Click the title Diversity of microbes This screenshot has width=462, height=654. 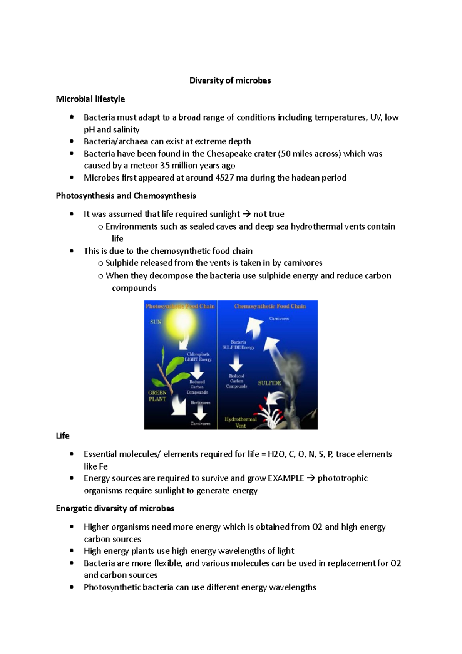coord(230,80)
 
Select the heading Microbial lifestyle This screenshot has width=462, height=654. coord(90,99)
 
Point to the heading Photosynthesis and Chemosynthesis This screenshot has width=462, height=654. coord(126,196)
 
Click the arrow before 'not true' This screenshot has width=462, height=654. coord(246,214)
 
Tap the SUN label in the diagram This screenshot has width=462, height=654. coord(156,322)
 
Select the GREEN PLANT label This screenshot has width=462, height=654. coord(157,396)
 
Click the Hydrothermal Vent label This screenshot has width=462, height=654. coord(241,422)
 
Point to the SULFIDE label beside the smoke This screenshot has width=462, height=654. coord(269,383)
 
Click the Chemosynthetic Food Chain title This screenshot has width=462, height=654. coord(270,306)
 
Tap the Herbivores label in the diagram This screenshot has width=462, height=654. coord(200,402)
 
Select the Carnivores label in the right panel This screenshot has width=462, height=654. coord(279,319)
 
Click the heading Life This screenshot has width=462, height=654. coord(63,436)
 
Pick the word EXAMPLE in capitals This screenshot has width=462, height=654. coord(286,478)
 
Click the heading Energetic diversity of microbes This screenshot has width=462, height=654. coord(115,508)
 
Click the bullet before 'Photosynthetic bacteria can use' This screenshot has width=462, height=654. coord(72,587)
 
